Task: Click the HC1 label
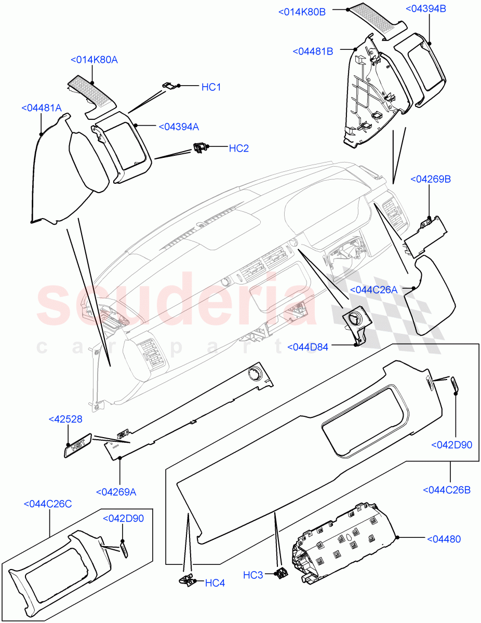(211, 87)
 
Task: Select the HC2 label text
(239, 148)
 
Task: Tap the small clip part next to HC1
(170, 86)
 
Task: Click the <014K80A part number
(94, 60)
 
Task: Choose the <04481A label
(42, 108)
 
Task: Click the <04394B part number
(425, 9)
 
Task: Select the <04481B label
(313, 51)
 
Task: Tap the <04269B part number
(430, 179)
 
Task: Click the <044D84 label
(308, 347)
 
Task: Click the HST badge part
(78, 445)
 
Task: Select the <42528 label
(65, 419)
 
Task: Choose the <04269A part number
(116, 492)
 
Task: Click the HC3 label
(253, 575)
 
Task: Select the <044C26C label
(48, 504)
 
